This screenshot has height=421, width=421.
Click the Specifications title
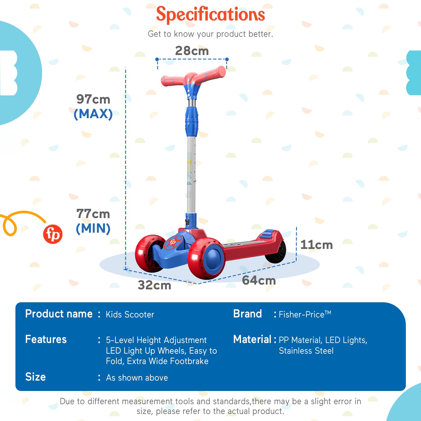tap(210, 14)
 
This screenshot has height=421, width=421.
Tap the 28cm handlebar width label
tap(192, 51)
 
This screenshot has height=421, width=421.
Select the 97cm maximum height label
tap(93, 99)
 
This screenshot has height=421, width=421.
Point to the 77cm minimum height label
tap(93, 214)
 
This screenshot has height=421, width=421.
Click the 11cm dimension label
tap(316, 245)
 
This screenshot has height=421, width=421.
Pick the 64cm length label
tap(259, 280)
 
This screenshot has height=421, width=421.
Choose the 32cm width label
tap(154, 285)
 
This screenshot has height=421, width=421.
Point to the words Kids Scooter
tap(130, 315)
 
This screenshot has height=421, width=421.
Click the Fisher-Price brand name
tap(305, 314)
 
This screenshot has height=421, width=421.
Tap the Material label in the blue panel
tap(252, 339)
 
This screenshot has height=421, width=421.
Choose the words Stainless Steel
tap(306, 351)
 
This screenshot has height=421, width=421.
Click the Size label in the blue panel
tap(35, 377)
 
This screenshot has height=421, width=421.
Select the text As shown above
tap(137, 378)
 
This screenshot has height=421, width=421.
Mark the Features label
tap(46, 339)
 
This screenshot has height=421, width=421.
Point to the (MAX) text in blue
tap(93, 114)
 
